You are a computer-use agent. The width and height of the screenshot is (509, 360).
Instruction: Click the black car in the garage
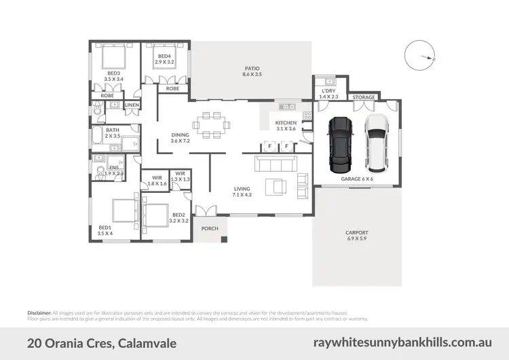340,144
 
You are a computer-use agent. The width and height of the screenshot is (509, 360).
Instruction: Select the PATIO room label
252,69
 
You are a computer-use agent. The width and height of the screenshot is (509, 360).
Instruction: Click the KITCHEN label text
286,123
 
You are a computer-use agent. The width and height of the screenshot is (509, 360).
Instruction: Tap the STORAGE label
364,98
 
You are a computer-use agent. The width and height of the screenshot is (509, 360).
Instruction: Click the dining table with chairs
211,124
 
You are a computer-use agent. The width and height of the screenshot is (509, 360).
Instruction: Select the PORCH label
210,228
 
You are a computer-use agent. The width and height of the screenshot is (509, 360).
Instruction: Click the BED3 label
113,73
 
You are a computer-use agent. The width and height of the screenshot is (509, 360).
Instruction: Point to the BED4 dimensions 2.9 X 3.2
165,62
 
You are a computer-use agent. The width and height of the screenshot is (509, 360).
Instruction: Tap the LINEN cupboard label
132,105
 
